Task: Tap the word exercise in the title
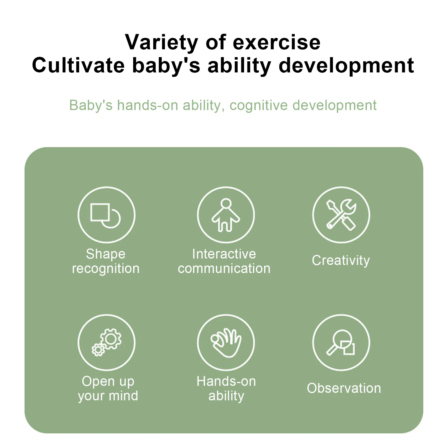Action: pyautogui.click(x=277, y=42)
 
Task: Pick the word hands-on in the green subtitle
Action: pyautogui.click(x=148, y=105)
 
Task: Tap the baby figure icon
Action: pyautogui.click(x=226, y=215)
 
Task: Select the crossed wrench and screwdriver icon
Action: pyautogui.click(x=341, y=215)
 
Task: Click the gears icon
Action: pyautogui.click(x=106, y=342)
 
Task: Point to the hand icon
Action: pyautogui.click(x=226, y=342)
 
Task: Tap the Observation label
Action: pyautogui.click(x=344, y=388)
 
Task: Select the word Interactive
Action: pyautogui.click(x=224, y=254)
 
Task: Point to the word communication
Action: pyautogui.click(x=224, y=269)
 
